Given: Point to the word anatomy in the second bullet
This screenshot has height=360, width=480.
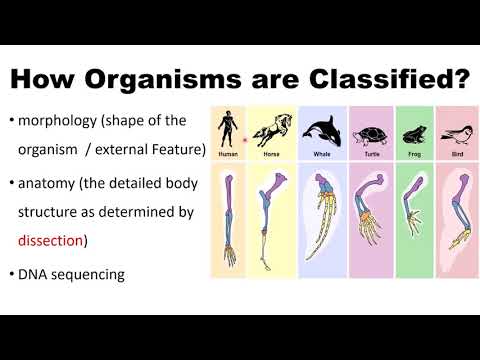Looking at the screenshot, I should coord(52,184).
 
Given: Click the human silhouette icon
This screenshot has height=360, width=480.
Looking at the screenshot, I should coord(229,127).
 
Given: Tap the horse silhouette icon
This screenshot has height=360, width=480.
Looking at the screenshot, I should coord(270,130).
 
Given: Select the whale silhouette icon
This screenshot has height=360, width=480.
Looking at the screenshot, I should coord(320,131).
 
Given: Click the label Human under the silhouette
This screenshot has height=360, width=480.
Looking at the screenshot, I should coord(229,154).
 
